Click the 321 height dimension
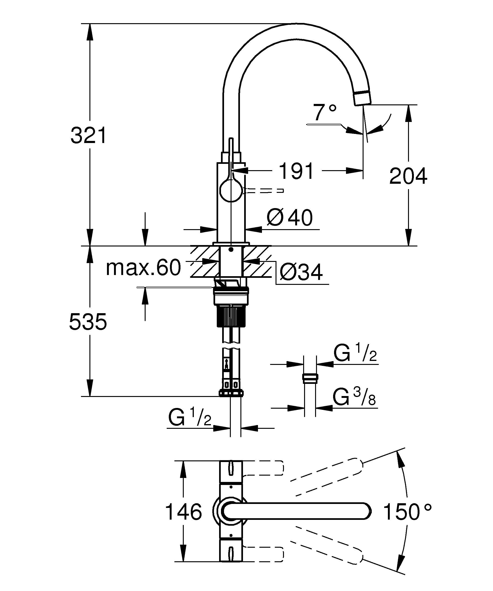coord(88,135)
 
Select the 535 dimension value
coord(88,321)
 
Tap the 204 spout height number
coord(408,176)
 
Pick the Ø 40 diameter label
coord(290,217)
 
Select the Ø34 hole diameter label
coord(301,272)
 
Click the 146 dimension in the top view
coord(184,512)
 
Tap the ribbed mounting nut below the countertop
coord(231,317)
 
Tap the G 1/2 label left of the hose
coord(190,417)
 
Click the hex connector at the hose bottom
coord(231,393)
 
